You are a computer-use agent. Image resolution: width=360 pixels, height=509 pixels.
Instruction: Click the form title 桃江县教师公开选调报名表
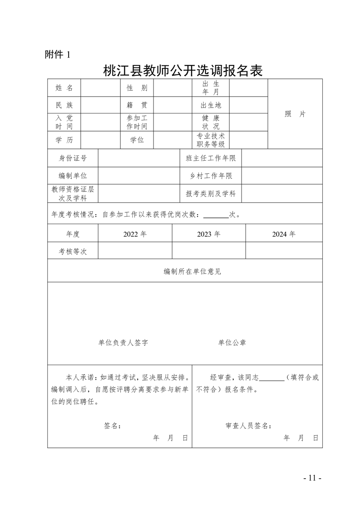[x=183, y=71]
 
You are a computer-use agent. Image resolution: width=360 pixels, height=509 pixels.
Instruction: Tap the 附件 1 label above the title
[x=58, y=55]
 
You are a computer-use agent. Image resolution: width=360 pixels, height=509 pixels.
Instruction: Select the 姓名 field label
[x=64, y=88]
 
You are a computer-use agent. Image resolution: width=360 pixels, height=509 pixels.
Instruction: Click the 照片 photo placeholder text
[x=295, y=114]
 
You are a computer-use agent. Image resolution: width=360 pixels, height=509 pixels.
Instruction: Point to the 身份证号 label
[x=73, y=158]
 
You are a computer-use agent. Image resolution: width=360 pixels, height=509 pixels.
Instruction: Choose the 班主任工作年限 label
[x=211, y=158]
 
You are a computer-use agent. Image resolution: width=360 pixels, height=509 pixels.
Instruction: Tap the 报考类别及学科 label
[x=211, y=194]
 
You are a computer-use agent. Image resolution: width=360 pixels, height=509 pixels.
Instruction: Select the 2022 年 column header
[x=135, y=234]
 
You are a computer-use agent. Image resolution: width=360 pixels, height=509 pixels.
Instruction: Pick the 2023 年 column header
[x=209, y=234]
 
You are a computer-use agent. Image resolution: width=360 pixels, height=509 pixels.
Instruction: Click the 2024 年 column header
[x=284, y=234]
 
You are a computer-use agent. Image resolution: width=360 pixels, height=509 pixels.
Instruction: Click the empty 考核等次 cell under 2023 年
[x=209, y=251]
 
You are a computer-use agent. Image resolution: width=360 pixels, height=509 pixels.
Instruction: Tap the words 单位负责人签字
[x=123, y=343]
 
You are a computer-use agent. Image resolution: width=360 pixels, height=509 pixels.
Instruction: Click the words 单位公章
[x=232, y=343]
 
